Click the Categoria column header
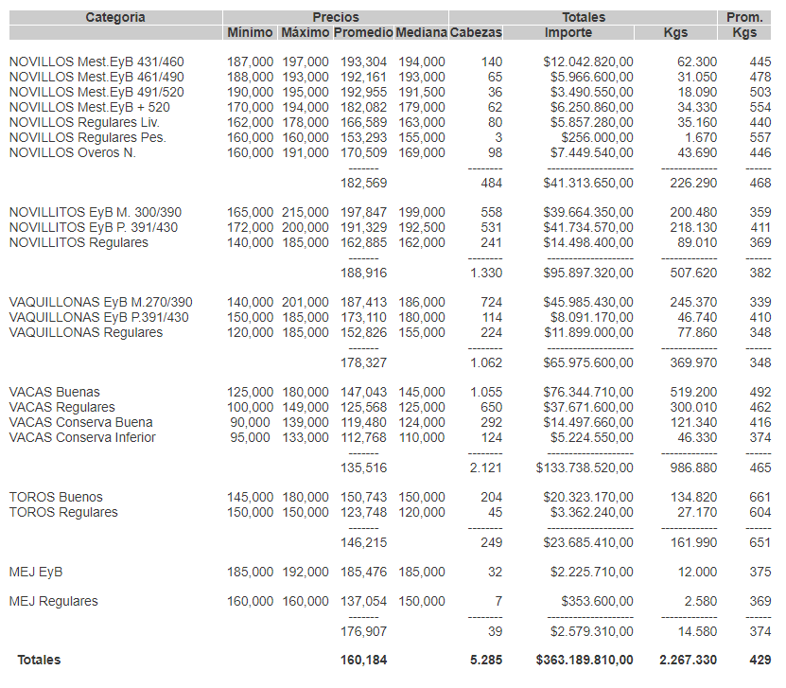click(115, 17)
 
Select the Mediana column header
click(421, 32)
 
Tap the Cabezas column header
click(476, 32)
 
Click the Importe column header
click(568, 32)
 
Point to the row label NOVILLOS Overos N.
click(72, 152)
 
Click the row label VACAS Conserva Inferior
click(82, 437)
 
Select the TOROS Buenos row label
click(56, 497)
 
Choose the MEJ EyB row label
click(36, 572)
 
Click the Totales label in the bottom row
click(39, 660)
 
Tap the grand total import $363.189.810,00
click(585, 660)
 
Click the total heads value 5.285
click(485, 660)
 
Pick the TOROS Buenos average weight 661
click(760, 497)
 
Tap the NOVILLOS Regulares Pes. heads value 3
click(498, 137)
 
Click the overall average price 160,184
click(363, 660)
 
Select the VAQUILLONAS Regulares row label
click(85, 332)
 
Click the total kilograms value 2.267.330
click(688, 660)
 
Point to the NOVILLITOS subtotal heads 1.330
click(486, 273)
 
